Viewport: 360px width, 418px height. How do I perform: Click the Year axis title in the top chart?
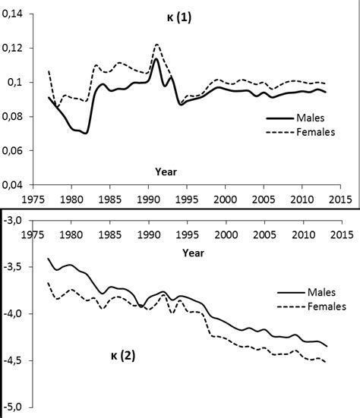pos(166,171)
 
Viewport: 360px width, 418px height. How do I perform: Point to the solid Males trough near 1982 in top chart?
pos(86,133)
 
